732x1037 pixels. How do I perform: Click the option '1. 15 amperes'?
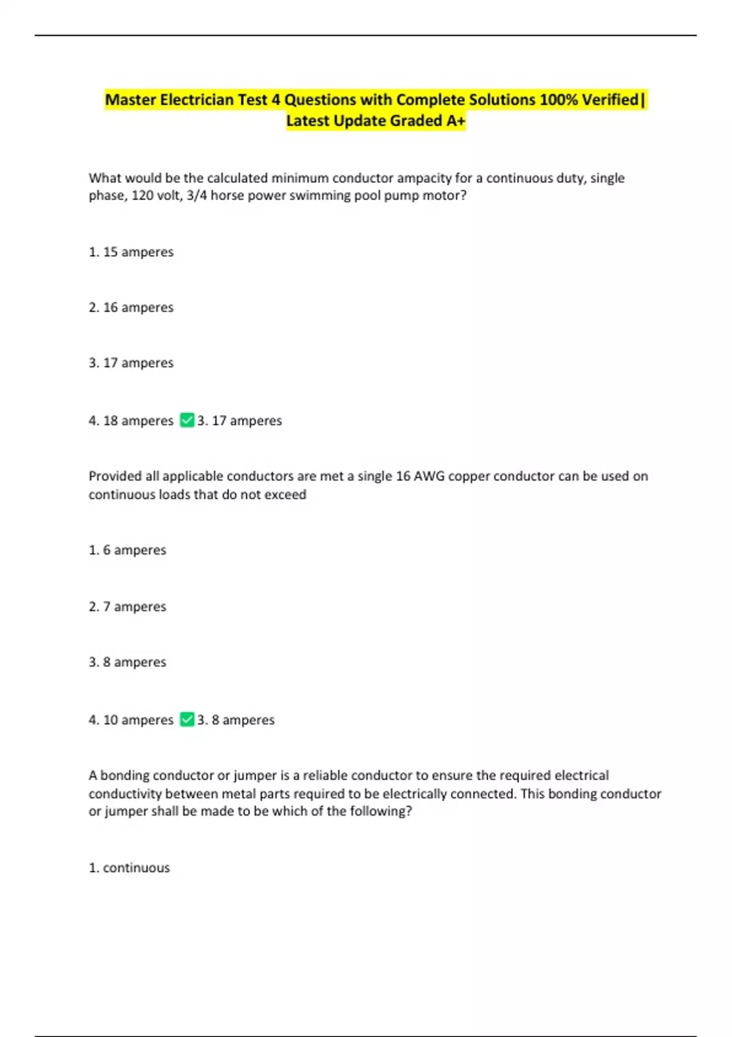click(x=131, y=252)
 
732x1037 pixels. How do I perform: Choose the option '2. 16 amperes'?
click(x=131, y=307)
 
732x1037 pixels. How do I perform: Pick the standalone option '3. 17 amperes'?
click(x=131, y=363)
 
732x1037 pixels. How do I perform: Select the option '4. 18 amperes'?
click(x=131, y=421)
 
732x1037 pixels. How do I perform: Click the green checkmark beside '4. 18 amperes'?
click(x=187, y=420)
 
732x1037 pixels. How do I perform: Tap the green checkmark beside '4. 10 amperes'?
click(x=187, y=720)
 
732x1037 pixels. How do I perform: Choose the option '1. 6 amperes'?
click(x=127, y=550)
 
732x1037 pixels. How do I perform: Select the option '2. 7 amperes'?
click(x=127, y=607)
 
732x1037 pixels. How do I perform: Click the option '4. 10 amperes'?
click(x=131, y=720)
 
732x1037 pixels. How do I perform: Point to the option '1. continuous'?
click(x=129, y=868)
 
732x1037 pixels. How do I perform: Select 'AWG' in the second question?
click(x=429, y=476)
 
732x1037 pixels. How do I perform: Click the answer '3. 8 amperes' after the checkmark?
click(x=235, y=720)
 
